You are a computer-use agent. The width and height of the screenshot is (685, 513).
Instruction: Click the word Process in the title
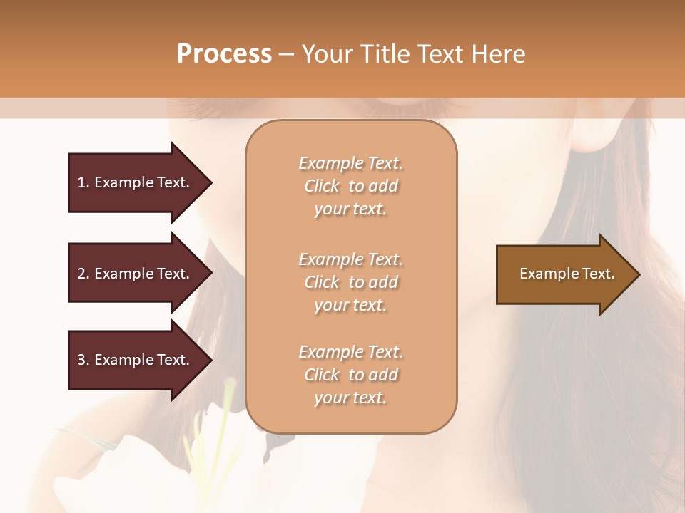pyautogui.click(x=224, y=54)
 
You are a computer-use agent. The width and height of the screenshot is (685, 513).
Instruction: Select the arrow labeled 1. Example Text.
pyautogui.click(x=136, y=182)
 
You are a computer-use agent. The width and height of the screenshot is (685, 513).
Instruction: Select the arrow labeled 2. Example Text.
pyautogui.click(x=136, y=274)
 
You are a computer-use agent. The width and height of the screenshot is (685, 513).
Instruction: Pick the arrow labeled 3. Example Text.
pyautogui.click(x=136, y=360)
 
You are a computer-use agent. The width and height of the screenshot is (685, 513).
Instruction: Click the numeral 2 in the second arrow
pyautogui.click(x=81, y=274)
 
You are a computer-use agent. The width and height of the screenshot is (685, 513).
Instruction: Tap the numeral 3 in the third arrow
pyautogui.click(x=81, y=360)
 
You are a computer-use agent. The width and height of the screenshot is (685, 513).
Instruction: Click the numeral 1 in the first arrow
pyautogui.click(x=81, y=182)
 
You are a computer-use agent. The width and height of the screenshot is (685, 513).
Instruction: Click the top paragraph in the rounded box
pyautogui.click(x=350, y=186)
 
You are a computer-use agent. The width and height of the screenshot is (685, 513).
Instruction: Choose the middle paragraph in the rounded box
pyautogui.click(x=350, y=282)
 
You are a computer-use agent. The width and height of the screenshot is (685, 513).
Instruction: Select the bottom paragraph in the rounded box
pyautogui.click(x=350, y=375)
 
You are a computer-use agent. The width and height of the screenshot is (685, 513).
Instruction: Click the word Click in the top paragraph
pyautogui.click(x=322, y=186)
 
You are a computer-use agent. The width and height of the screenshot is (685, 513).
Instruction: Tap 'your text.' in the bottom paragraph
pyautogui.click(x=350, y=398)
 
